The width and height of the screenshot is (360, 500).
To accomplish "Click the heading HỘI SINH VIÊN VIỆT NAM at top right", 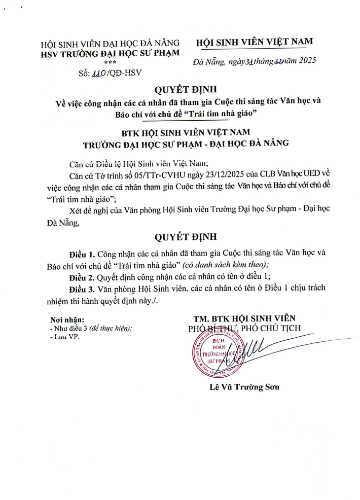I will (254, 42).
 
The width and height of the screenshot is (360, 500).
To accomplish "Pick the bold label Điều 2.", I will (82, 276).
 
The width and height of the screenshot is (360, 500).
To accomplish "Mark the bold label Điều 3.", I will (82, 289).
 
